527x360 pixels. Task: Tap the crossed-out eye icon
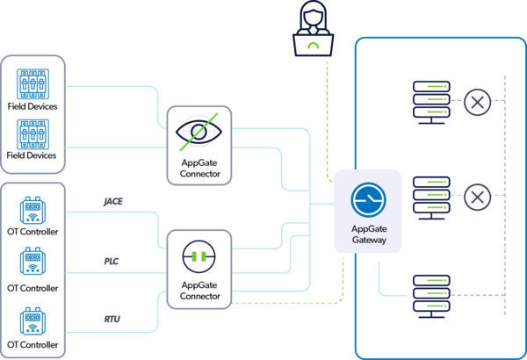199,133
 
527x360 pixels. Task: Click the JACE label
113,201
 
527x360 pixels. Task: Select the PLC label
113,260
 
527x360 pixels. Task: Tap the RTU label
113,320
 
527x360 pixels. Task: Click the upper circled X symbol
478,103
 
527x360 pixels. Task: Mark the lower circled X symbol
478,197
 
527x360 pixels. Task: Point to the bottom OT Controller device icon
32,321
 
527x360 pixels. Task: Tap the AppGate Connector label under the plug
199,291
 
